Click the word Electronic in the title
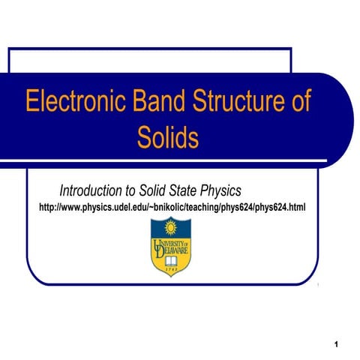point(69,102)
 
